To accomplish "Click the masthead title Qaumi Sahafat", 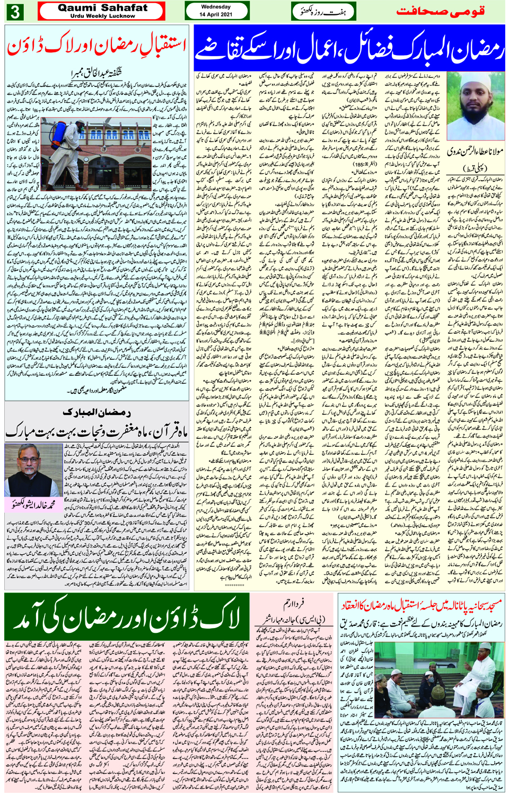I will click(102, 8).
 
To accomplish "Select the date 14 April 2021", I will click(216, 14).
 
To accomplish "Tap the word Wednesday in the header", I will click(216, 7).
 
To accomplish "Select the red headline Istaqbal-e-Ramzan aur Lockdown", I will click(96, 47).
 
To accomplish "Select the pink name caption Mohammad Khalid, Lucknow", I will click(33, 505).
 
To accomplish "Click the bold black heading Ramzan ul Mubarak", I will click(96, 412).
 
